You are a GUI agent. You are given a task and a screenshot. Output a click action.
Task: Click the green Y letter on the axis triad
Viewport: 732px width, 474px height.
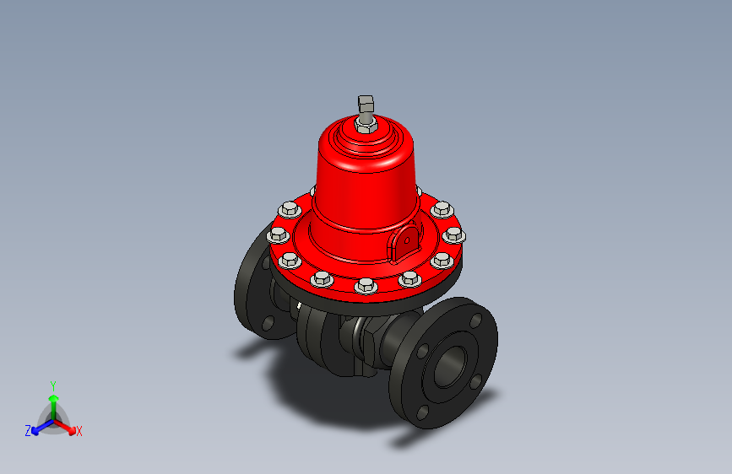(x=52, y=384)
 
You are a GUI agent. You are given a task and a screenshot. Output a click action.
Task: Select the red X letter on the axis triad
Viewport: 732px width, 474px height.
(x=79, y=431)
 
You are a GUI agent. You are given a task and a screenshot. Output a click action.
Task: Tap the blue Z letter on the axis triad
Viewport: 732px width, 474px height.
(x=28, y=430)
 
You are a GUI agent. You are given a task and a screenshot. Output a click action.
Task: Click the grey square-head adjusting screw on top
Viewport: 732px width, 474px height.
(x=366, y=105)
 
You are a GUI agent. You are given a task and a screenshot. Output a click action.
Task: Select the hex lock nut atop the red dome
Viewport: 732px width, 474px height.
(x=365, y=127)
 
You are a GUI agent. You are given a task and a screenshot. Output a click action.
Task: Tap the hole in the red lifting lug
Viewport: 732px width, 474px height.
(x=407, y=239)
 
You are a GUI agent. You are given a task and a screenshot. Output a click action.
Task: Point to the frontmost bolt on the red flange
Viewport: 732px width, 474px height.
(x=366, y=286)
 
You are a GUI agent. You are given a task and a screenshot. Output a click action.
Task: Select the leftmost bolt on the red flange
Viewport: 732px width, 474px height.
(x=276, y=236)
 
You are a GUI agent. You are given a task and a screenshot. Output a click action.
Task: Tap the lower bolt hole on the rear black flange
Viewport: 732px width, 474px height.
(x=268, y=322)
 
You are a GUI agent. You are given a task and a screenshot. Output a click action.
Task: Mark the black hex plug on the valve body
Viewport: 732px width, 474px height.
(x=370, y=342)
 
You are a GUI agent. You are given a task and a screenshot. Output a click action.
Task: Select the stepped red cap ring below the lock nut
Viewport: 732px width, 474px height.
(x=365, y=143)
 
